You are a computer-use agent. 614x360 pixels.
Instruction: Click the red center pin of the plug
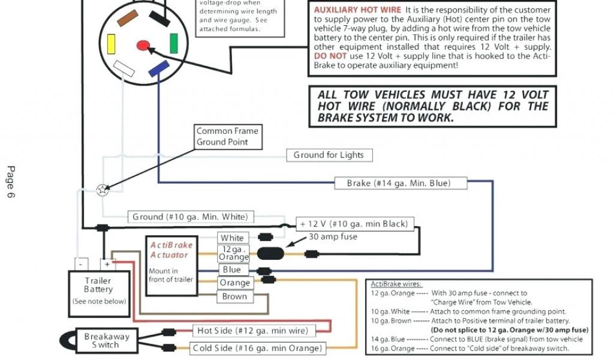click(x=143, y=45)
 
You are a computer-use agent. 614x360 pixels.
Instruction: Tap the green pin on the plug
click(x=173, y=43)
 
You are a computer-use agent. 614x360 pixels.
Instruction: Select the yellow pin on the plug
click(x=111, y=44)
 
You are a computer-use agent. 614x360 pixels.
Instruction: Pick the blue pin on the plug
click(x=159, y=70)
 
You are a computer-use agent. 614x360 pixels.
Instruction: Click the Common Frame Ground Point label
click(x=227, y=137)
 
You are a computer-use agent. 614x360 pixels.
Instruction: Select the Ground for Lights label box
click(x=329, y=155)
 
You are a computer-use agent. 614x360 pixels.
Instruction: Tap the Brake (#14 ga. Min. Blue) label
click(x=399, y=183)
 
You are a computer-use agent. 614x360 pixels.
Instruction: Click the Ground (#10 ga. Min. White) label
click(x=189, y=217)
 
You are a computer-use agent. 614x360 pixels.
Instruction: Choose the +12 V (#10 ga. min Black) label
click(x=354, y=224)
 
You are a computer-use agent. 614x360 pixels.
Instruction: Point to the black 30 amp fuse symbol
click(x=271, y=253)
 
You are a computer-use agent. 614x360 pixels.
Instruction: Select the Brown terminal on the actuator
click(x=234, y=296)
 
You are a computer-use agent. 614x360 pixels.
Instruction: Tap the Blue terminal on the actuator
click(x=232, y=270)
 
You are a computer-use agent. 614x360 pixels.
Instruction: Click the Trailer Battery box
click(x=99, y=291)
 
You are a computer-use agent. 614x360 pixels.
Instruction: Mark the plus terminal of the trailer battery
click(x=107, y=264)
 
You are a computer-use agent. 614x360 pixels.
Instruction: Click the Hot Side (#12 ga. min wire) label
click(x=252, y=331)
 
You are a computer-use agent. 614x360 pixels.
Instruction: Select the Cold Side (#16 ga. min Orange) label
click(x=257, y=348)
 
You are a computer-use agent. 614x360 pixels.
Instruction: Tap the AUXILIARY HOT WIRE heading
click(x=357, y=10)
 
